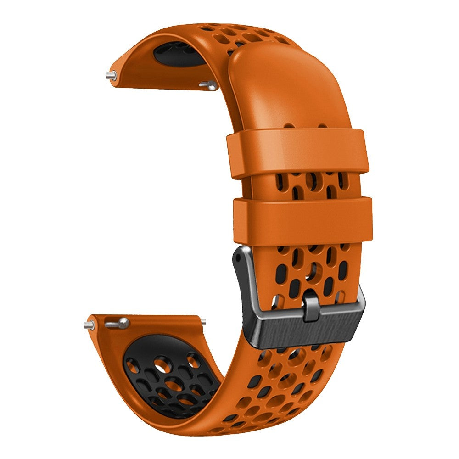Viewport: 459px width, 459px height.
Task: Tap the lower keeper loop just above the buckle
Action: coord(303,221)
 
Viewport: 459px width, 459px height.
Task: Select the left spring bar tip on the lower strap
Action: coord(88,325)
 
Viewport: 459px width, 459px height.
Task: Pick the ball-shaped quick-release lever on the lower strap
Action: coord(123,322)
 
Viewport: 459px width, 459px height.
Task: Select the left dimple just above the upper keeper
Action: coord(288,124)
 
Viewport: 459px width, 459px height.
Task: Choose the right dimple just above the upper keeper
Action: coord(323,124)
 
